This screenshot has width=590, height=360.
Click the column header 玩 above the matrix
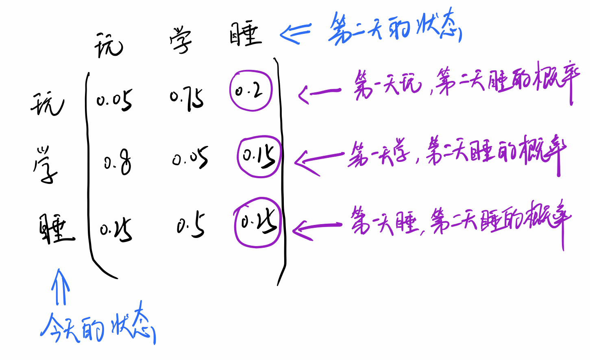[108, 45]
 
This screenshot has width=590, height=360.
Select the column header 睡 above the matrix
[245, 34]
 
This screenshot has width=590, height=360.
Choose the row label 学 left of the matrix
[45, 164]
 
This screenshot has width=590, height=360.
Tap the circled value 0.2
[250, 91]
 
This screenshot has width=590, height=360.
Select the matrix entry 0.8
[118, 163]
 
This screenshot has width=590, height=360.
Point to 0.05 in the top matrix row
[114, 100]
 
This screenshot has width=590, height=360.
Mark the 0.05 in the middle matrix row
[190, 157]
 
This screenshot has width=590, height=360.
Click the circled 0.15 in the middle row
[259, 156]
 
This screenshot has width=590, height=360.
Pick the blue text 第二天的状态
[394, 28]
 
